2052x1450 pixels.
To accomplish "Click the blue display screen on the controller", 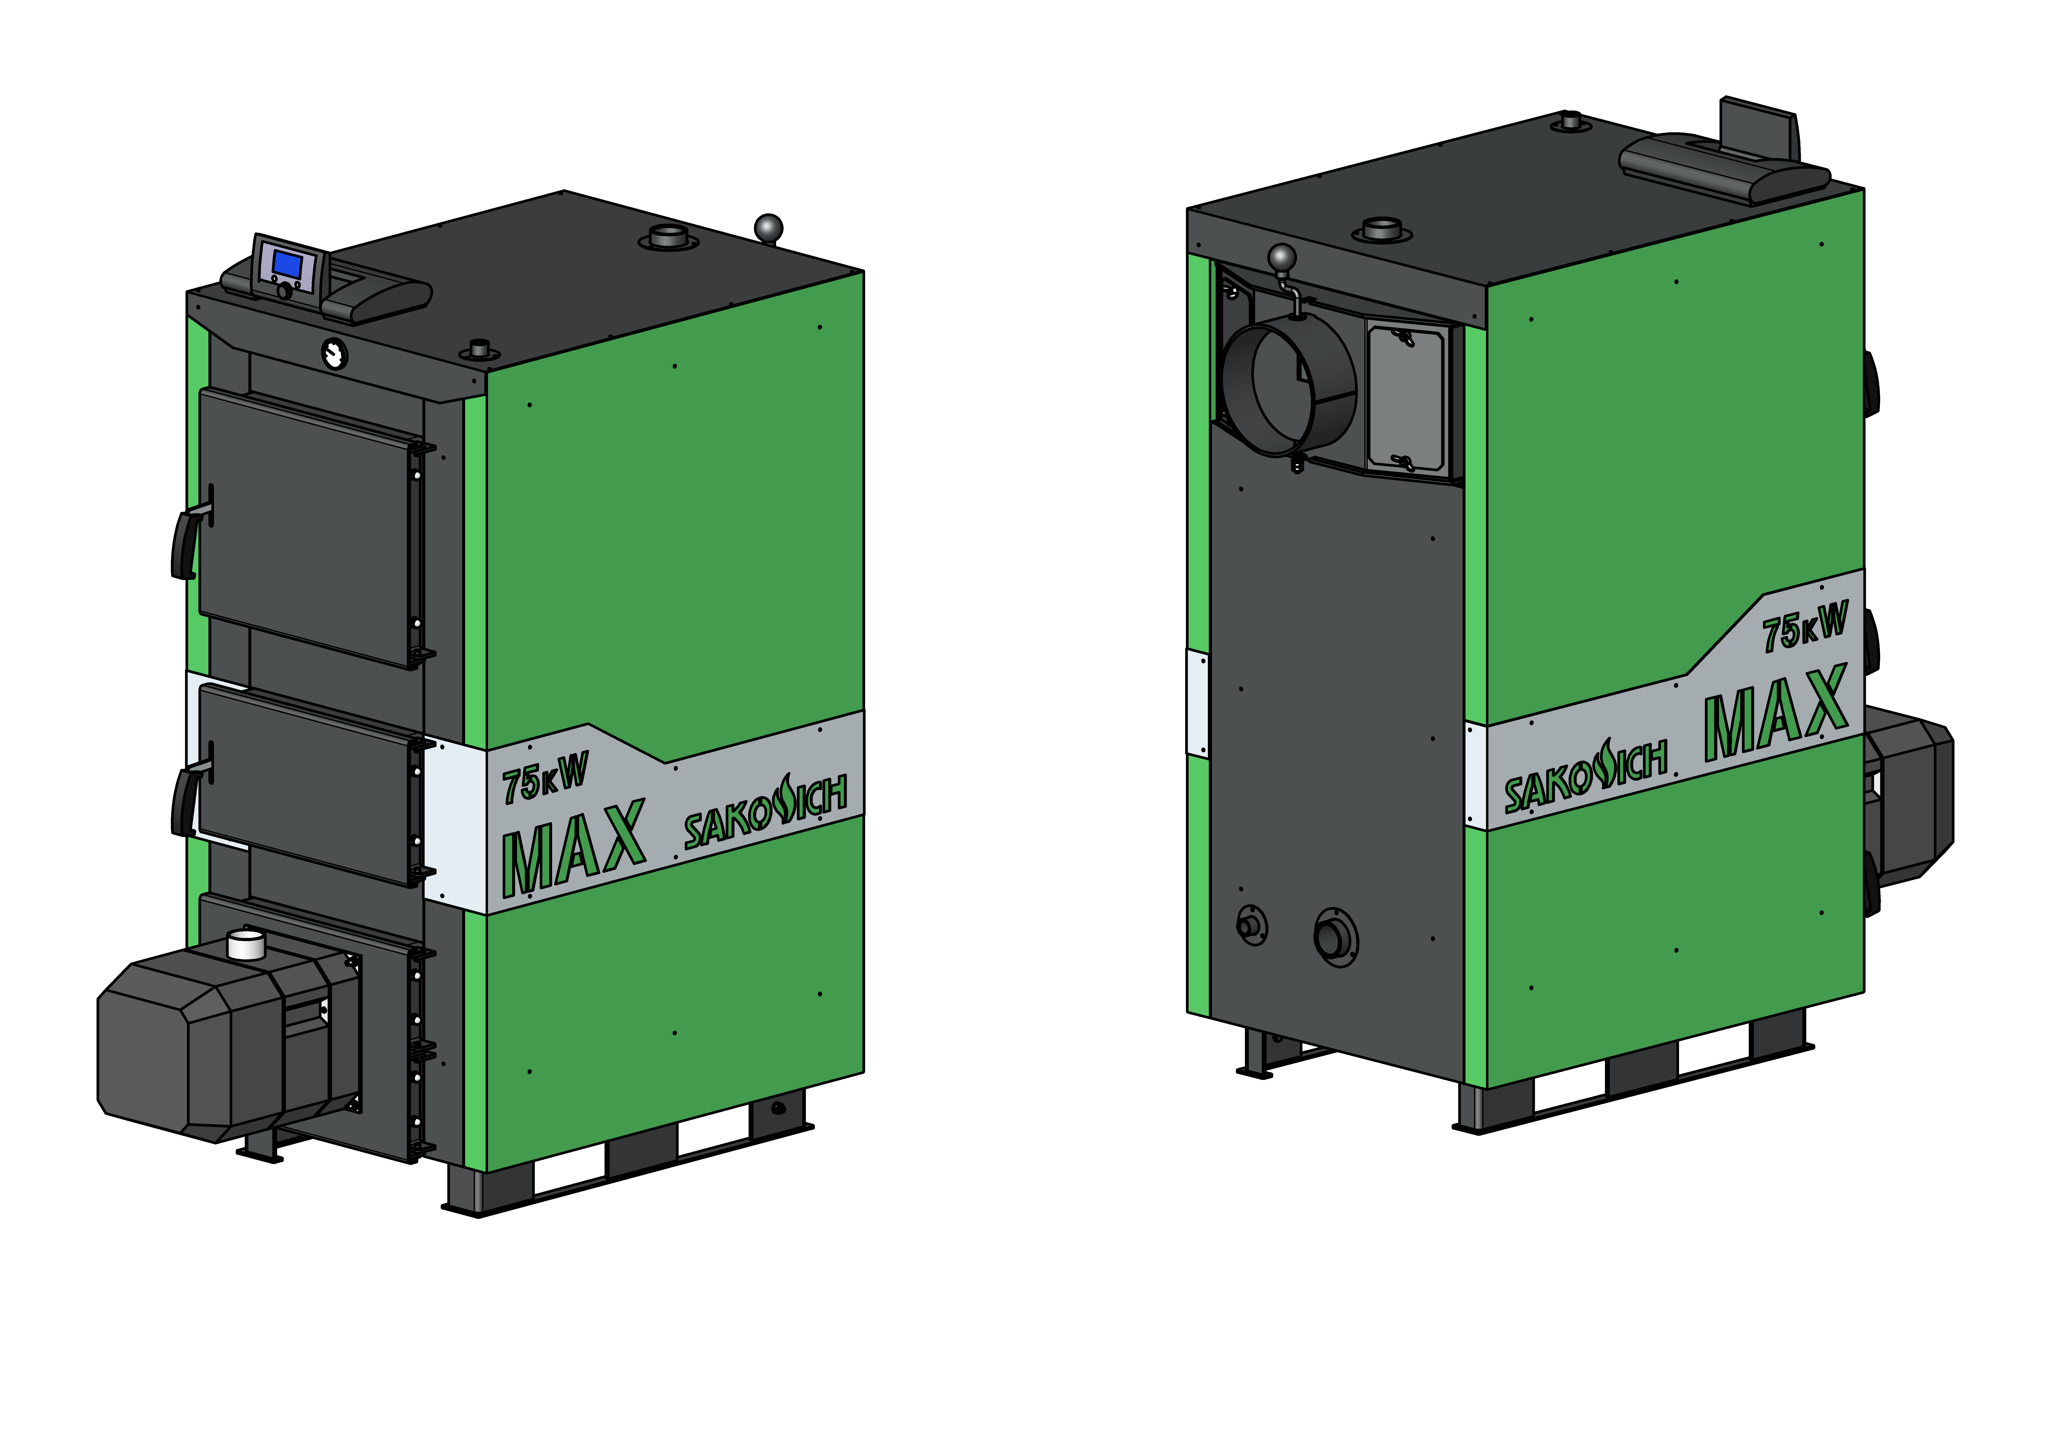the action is pyautogui.click(x=287, y=265).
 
